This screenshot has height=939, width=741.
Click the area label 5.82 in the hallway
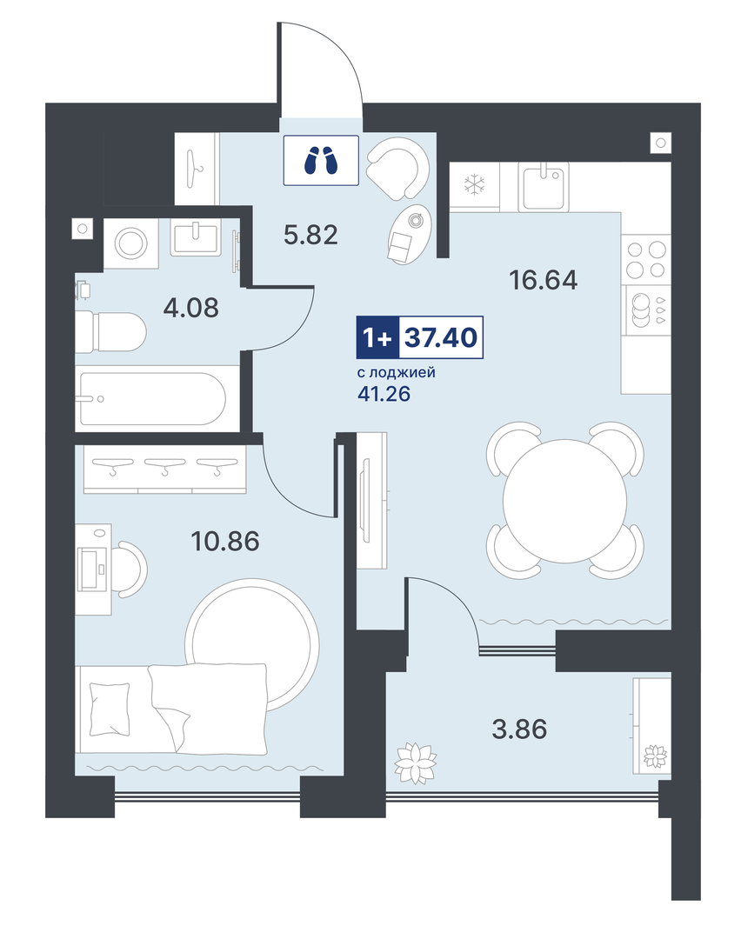coord(310,235)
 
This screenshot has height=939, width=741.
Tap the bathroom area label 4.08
coord(191,308)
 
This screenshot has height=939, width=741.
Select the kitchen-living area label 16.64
coord(544,280)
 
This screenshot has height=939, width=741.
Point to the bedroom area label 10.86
coord(225,542)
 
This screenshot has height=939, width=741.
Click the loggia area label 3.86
coord(519,729)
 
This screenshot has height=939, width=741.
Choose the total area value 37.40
coord(441,337)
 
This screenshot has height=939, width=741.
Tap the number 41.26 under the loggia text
coord(384,394)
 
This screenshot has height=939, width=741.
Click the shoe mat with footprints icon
coord(321,161)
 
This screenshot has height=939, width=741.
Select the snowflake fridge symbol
coord(475,184)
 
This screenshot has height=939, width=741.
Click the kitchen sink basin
coord(543,187)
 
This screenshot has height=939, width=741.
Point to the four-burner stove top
coord(645,259)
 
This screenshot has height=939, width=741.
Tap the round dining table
coord(565,501)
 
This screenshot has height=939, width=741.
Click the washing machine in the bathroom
coord(131,243)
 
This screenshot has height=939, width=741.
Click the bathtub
coord(153,399)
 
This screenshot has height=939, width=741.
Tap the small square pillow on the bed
coord(109,709)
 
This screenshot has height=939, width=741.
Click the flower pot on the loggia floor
coord(415,763)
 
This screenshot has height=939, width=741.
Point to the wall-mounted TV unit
coord(372,501)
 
